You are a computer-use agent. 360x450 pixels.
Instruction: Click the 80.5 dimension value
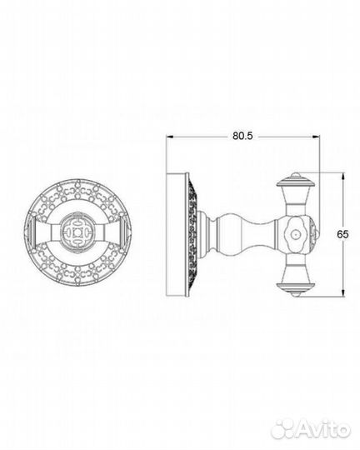point(242,136)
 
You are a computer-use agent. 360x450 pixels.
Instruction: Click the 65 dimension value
point(342,234)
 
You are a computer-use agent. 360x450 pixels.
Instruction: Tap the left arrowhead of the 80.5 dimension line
point(170,137)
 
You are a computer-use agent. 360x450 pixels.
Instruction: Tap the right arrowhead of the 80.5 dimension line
point(317,137)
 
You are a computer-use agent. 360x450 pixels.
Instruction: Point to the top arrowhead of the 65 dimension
point(342,176)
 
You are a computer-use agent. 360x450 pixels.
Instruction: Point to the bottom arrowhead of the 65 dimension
point(342,292)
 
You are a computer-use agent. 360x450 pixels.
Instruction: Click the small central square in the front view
point(77,232)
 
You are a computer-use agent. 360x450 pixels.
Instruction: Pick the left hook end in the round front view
point(31,232)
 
